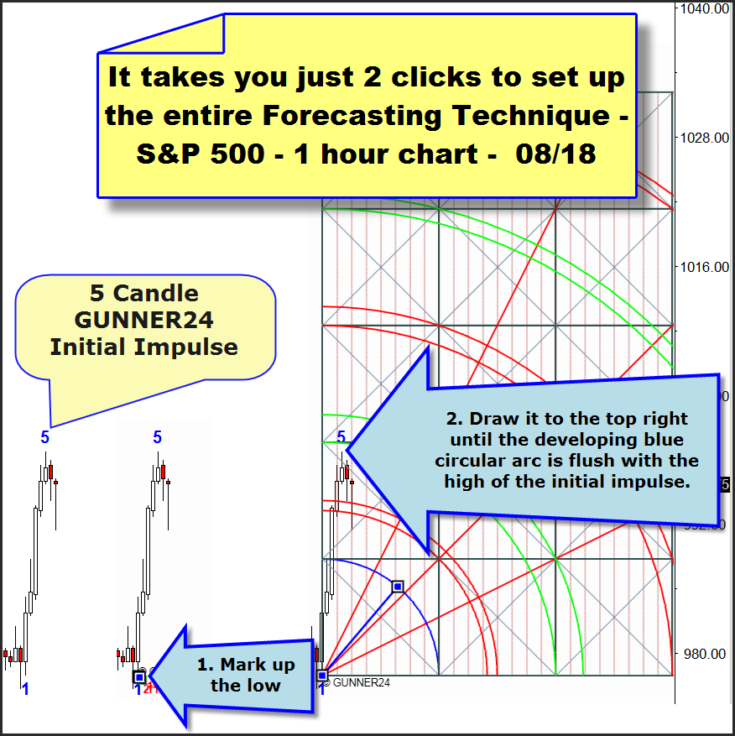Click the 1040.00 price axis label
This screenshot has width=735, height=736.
(x=704, y=9)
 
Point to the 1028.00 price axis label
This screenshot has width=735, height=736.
(x=705, y=138)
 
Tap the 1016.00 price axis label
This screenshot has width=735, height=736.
(x=705, y=267)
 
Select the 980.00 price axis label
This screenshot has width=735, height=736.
(x=705, y=654)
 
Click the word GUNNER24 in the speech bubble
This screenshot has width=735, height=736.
(x=144, y=320)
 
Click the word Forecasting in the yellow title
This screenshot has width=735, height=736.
(x=351, y=116)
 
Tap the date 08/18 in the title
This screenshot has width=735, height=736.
(x=555, y=154)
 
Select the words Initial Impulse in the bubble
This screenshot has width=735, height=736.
(x=144, y=347)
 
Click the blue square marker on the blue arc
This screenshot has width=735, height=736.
(x=398, y=587)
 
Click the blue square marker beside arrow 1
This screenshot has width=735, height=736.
(x=139, y=677)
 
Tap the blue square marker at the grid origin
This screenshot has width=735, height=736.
(x=322, y=676)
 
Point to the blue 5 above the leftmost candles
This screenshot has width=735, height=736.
(x=44, y=437)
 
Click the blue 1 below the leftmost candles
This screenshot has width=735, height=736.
(x=25, y=689)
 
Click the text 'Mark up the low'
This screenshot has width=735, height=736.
(x=246, y=675)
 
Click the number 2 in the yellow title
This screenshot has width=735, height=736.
(x=372, y=77)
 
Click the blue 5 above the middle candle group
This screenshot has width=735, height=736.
(x=157, y=437)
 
